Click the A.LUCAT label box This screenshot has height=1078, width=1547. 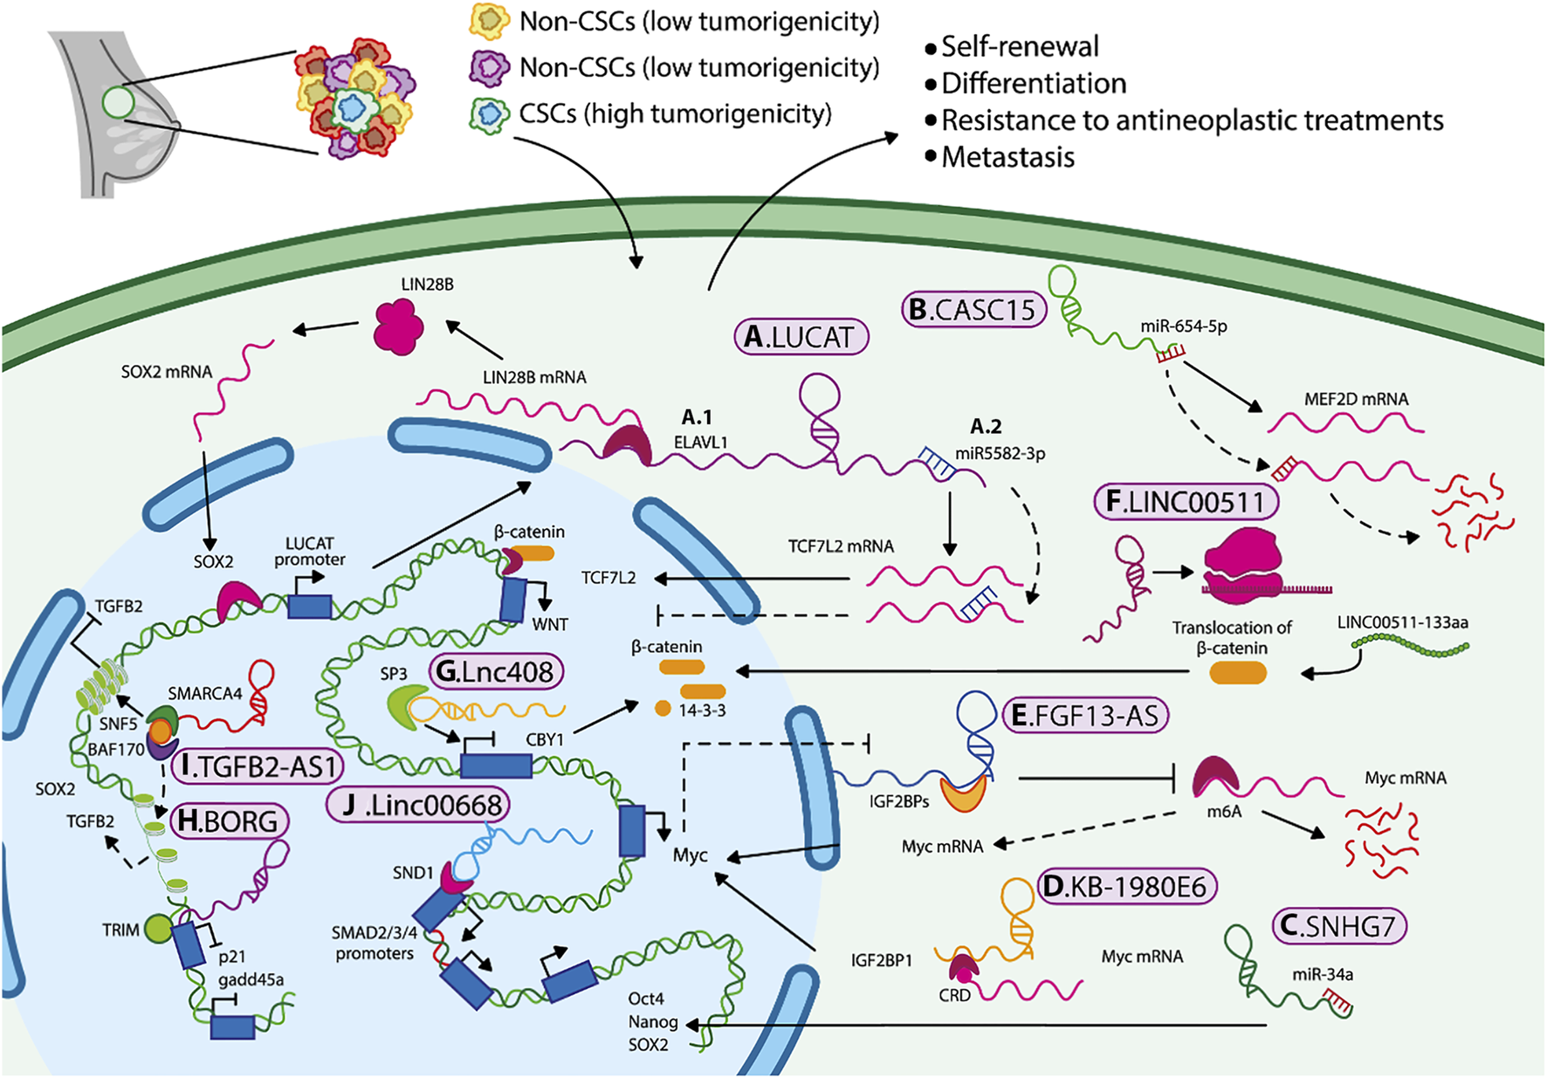point(801,337)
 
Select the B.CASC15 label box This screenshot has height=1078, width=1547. point(973,310)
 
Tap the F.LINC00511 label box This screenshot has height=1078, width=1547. point(1185,502)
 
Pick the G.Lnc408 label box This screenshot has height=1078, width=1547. point(496,671)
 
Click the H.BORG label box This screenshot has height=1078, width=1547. point(229,821)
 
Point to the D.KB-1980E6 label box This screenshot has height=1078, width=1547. point(1126,887)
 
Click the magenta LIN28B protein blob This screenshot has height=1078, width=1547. point(399,327)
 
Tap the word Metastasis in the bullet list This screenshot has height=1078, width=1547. point(1007,157)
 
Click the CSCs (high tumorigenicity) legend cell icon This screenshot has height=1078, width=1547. point(489,114)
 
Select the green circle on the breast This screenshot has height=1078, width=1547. point(118,102)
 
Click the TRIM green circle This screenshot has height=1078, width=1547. point(158,929)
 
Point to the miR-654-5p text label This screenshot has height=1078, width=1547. point(1183,326)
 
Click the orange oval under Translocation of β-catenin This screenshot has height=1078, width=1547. point(1238,672)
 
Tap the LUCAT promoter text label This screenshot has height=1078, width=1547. point(309,551)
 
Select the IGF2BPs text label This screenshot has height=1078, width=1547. point(898,800)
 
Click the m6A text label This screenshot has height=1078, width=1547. point(1223,812)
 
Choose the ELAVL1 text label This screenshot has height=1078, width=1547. point(700,443)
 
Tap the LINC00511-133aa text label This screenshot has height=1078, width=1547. point(1402,622)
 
